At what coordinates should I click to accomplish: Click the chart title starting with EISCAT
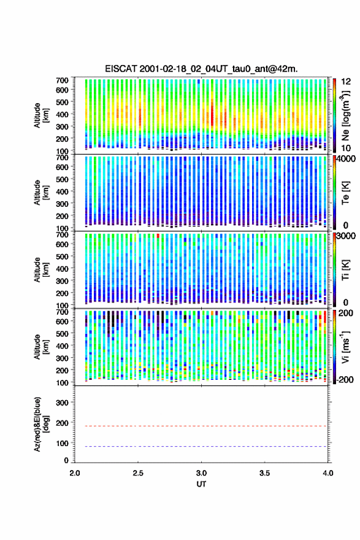(201, 69)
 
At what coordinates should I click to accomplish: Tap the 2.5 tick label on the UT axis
(138, 473)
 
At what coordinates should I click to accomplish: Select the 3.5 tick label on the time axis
(265, 473)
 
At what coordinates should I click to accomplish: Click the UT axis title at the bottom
(201, 484)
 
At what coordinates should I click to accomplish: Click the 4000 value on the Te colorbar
(346, 159)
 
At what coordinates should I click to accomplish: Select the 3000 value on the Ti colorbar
(346, 236)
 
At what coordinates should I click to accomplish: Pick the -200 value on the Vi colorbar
(344, 379)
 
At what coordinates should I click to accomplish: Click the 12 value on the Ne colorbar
(345, 82)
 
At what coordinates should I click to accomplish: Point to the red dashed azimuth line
(201, 426)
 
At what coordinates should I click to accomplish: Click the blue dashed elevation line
(201, 446)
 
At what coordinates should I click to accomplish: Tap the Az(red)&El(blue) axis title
(40, 424)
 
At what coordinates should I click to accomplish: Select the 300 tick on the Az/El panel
(63, 403)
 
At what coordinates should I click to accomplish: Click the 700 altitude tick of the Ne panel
(63, 80)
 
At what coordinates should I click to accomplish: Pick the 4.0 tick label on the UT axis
(328, 473)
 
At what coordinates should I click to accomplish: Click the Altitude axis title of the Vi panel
(40, 347)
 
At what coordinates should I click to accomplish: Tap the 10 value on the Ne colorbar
(345, 148)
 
